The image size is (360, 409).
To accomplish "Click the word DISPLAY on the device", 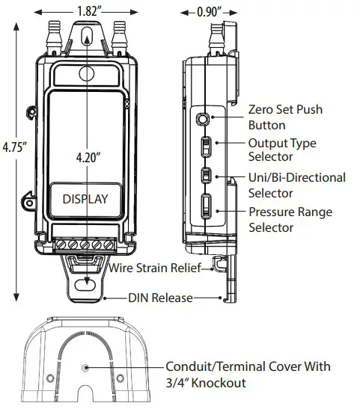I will (85, 200).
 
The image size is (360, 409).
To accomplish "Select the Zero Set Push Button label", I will (284, 117).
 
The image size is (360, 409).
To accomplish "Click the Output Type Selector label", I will (281, 150).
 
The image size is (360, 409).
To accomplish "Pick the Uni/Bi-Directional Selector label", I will (296, 185).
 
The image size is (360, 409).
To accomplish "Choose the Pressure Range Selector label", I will (290, 219).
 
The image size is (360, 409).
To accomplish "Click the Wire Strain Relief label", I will (153, 268).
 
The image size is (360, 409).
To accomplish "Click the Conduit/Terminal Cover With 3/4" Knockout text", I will (247, 375).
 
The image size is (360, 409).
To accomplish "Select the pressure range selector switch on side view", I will (206, 206).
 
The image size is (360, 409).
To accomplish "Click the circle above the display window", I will (87, 75).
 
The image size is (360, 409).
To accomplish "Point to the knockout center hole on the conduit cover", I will (88, 368).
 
